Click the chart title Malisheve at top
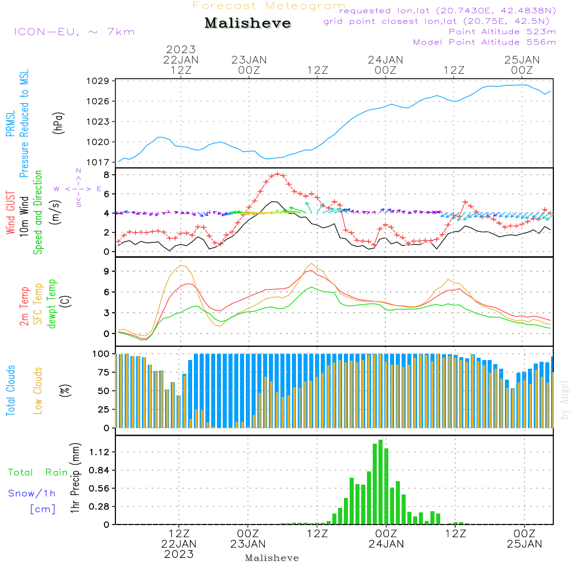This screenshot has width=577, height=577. click(248, 23)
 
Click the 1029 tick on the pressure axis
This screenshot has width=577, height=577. click(98, 81)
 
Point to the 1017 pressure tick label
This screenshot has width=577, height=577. click(98, 162)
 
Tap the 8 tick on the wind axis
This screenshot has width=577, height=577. click(107, 175)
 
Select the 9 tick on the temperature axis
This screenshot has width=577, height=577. click(107, 272)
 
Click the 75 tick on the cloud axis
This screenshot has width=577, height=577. click(104, 372)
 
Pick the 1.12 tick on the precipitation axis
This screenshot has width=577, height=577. click(99, 452)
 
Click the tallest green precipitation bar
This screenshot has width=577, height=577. click(380, 482)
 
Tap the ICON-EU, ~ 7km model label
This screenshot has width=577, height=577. click(74, 32)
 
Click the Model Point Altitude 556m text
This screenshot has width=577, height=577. click(484, 42)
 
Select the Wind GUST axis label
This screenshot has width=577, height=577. click(10, 212)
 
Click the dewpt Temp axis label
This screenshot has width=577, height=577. click(51, 304)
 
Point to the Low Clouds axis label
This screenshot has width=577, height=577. click(38, 391)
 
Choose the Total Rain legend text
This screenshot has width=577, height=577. click(38, 473)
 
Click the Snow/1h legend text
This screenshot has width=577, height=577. click(32, 493)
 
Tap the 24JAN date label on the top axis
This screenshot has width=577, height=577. click(385, 60)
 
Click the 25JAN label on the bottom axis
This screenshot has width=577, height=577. click(524, 544)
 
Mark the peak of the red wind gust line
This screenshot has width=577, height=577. click(278, 174)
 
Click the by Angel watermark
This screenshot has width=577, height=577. click(564, 400)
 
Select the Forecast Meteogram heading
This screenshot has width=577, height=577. click(269, 6)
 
